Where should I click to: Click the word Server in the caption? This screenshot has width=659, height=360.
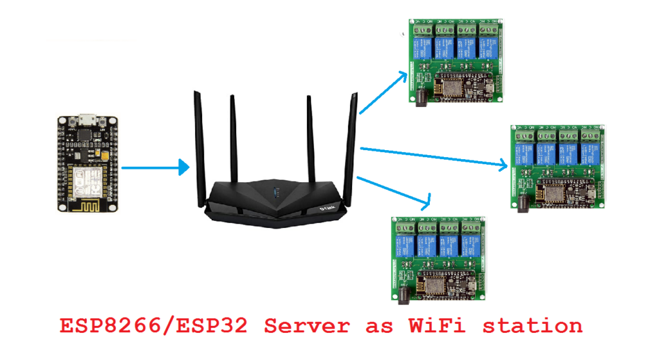tap(306, 326)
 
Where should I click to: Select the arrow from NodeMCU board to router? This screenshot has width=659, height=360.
tap(154, 169)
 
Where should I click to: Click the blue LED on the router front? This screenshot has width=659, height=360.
tap(277, 193)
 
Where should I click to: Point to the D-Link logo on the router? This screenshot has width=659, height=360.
tap(326, 207)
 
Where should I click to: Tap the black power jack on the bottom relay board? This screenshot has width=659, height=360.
tap(404, 294)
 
